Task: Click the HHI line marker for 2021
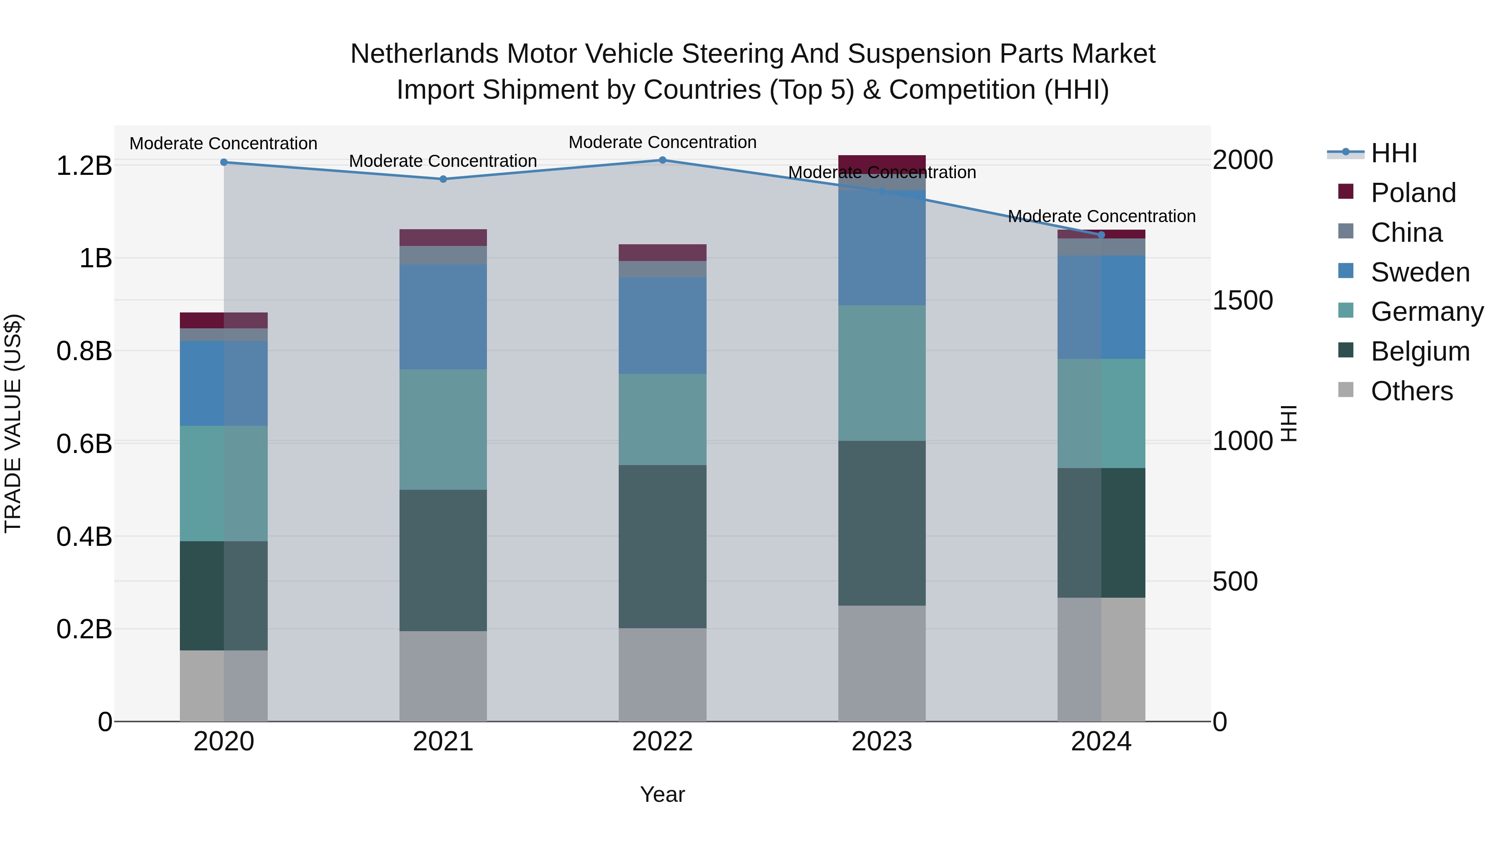[443, 179]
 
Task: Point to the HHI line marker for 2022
[662, 160]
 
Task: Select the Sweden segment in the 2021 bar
[443, 317]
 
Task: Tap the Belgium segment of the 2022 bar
[662, 547]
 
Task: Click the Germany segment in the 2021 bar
[443, 429]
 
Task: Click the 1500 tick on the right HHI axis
[1242, 300]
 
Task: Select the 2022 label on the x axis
[662, 742]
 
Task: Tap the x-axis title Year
[662, 794]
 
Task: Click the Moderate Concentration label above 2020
[223, 143]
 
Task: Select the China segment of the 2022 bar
[662, 269]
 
